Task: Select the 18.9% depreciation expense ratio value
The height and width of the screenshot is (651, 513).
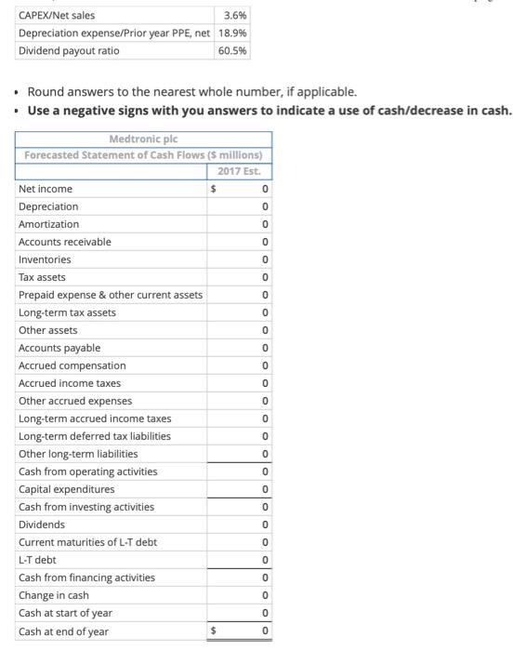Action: point(232,33)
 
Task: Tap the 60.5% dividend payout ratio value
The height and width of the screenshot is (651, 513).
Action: point(232,50)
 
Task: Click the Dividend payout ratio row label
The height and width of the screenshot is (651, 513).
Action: point(69,50)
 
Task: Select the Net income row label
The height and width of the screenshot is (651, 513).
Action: point(46,189)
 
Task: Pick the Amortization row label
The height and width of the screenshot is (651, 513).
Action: point(49,224)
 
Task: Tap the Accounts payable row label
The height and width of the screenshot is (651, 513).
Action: point(59,348)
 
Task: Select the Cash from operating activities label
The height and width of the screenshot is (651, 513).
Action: point(88,472)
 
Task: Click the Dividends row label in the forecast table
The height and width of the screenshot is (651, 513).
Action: point(42,525)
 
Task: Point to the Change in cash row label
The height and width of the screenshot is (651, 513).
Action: point(54,595)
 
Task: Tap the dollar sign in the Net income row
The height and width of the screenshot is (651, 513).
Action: point(215,189)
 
